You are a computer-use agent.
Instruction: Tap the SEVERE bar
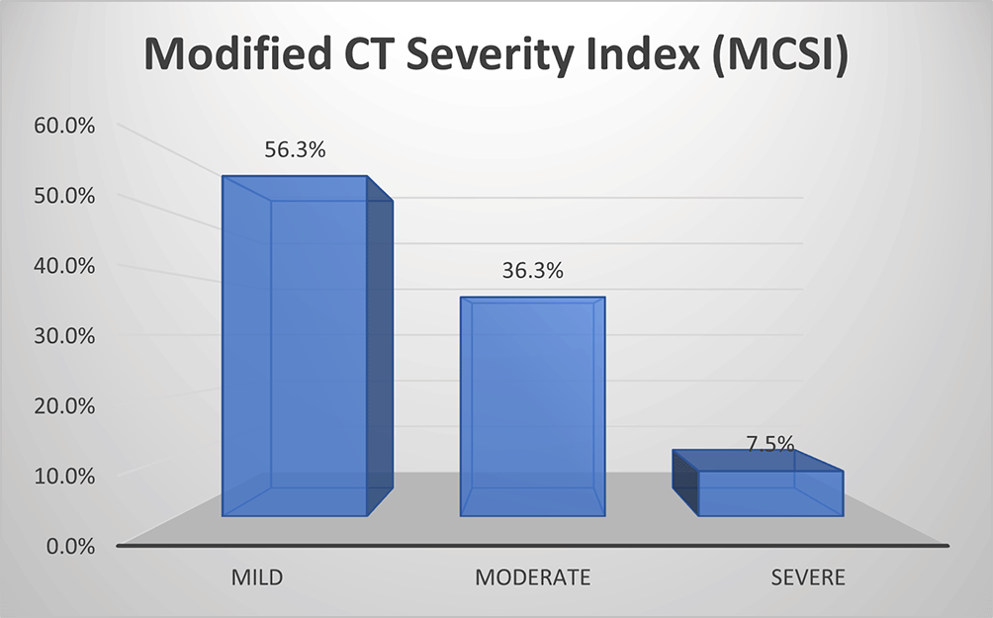click(x=770, y=491)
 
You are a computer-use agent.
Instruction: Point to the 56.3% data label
click(x=295, y=151)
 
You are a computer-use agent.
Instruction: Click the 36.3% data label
click(x=532, y=270)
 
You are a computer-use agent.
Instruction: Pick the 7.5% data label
click(x=770, y=444)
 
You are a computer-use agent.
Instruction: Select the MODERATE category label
click(x=532, y=577)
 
